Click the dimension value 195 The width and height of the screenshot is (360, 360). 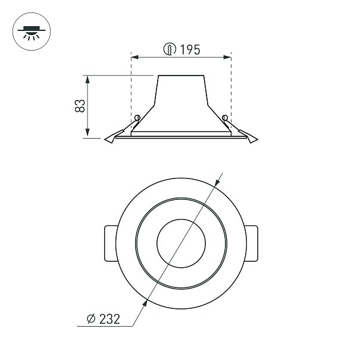click(x=190, y=49)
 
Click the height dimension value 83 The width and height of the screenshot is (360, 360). click(x=80, y=106)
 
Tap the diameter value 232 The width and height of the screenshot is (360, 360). click(x=109, y=319)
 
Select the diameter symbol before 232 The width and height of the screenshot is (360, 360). click(x=91, y=319)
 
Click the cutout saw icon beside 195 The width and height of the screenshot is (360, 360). click(x=170, y=49)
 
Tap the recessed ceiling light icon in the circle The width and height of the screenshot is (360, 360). click(x=32, y=32)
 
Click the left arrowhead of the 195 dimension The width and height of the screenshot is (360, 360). click(x=135, y=57)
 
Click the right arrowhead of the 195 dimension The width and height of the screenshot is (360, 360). click(x=227, y=57)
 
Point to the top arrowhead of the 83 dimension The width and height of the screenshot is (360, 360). click(x=87, y=80)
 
